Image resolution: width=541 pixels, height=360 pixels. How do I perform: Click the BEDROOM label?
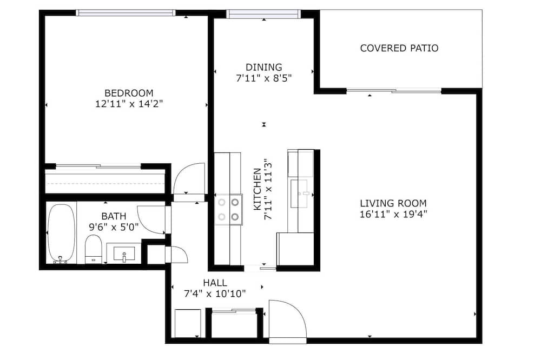(x=129, y=93)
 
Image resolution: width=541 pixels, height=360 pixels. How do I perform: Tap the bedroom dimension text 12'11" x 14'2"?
(x=129, y=104)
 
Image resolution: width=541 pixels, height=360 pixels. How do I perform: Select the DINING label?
(x=263, y=67)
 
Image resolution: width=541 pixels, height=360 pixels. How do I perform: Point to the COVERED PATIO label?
(x=399, y=48)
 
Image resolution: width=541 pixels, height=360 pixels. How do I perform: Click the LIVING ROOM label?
(x=393, y=203)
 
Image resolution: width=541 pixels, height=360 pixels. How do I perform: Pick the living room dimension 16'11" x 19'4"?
(x=393, y=214)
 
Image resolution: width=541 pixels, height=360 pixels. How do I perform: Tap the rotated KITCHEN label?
(x=258, y=189)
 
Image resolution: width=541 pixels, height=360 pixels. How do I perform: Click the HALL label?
(x=215, y=283)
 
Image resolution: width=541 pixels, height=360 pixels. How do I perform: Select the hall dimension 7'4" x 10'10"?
(x=215, y=294)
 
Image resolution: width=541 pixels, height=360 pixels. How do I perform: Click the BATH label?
(x=114, y=217)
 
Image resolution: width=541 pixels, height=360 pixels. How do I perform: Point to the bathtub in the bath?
(x=61, y=234)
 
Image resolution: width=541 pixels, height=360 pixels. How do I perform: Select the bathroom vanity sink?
(x=124, y=254)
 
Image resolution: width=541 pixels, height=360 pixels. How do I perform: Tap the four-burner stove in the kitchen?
(x=228, y=210)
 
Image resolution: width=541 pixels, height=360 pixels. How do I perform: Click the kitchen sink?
(x=299, y=194)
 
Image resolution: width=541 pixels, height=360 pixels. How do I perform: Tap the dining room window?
(x=263, y=14)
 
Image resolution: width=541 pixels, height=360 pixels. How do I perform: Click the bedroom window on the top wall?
(x=126, y=13)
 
